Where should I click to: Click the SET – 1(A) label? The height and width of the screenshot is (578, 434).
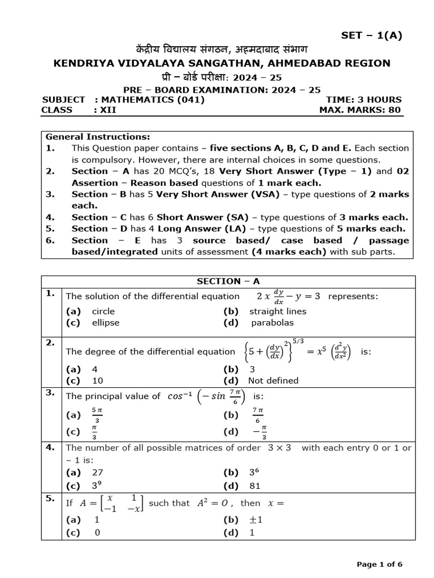point(371,36)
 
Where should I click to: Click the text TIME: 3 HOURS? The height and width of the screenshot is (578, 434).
point(363,99)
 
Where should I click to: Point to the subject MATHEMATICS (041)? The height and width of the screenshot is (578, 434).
point(153,99)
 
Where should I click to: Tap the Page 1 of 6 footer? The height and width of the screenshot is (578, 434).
point(379,564)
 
